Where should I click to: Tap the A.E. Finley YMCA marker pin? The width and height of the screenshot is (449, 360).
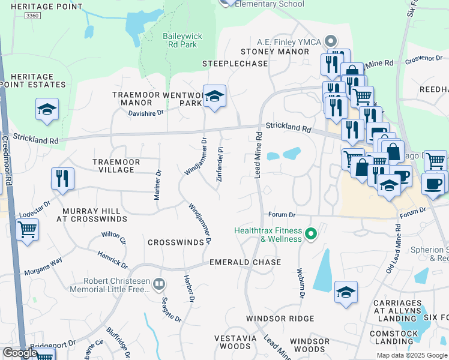click(x=330, y=41)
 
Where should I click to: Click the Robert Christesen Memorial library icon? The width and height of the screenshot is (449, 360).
click(x=158, y=284)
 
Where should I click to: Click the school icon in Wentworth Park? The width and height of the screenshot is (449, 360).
click(x=214, y=96)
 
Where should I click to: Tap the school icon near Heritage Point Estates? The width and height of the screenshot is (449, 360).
click(x=47, y=109)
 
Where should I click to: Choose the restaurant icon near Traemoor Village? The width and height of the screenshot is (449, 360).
click(x=62, y=178)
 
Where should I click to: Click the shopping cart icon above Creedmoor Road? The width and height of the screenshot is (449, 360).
click(x=26, y=229)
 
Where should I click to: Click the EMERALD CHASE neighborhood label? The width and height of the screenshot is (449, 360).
click(x=245, y=263)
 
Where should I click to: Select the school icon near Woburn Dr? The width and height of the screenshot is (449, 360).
click(x=346, y=292)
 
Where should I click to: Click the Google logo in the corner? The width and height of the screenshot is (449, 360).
click(x=20, y=353)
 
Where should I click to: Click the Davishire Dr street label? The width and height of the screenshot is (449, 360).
click(x=146, y=113)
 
